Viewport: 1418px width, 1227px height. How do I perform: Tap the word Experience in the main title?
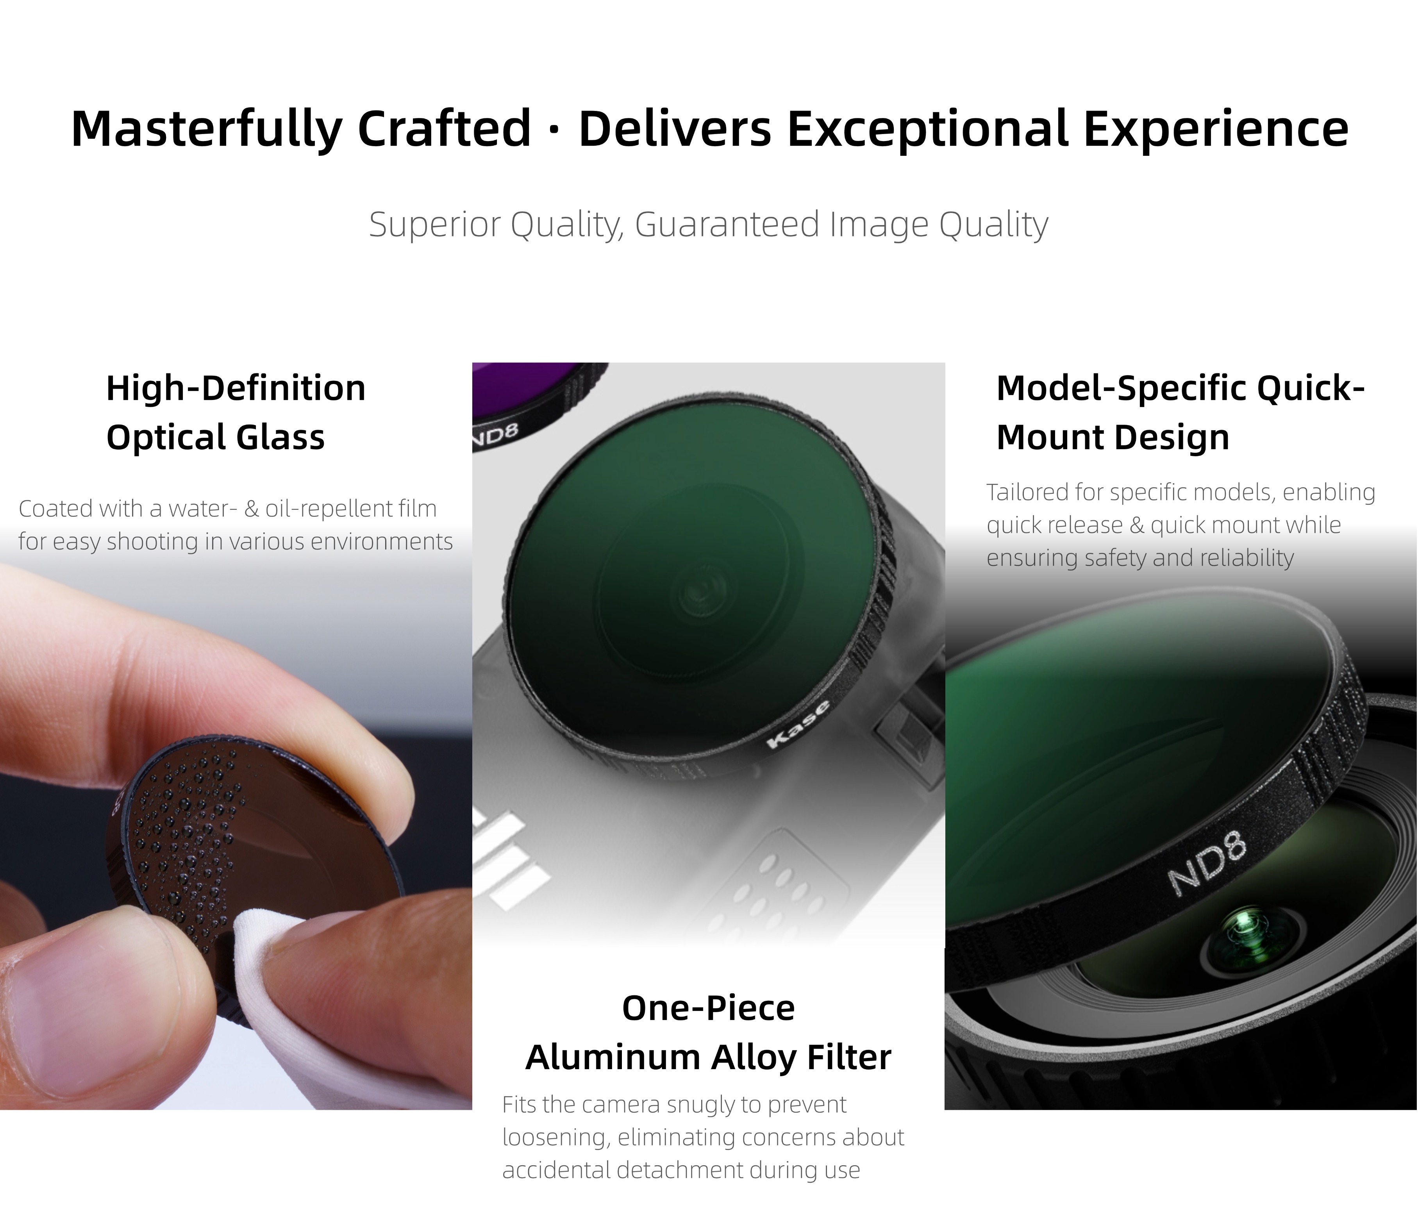[1216, 129]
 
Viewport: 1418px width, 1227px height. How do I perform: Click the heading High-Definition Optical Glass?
[236, 412]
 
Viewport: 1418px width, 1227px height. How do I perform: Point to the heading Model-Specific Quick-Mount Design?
[1180, 412]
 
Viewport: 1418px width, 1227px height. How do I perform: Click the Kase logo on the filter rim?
[799, 724]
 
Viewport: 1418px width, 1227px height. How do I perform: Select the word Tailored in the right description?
[1029, 492]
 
